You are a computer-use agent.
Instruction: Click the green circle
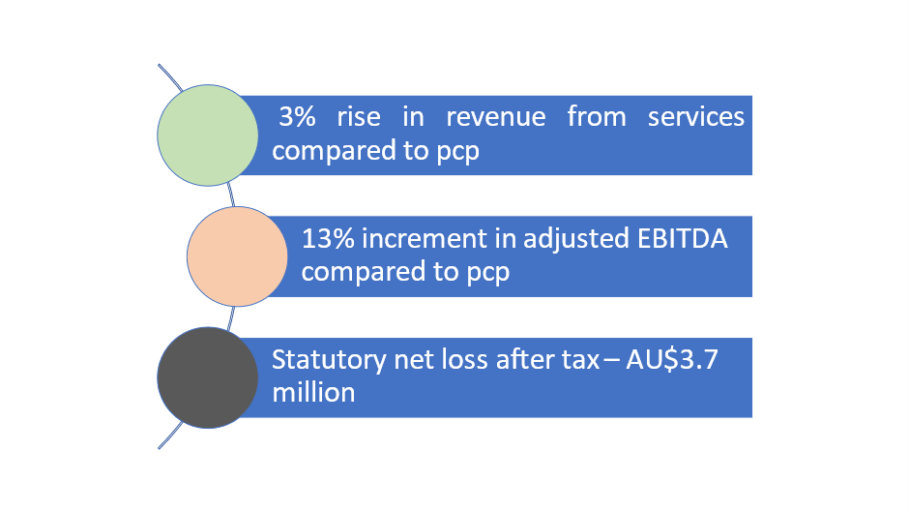coord(208,136)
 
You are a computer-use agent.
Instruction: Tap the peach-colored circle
coord(237,256)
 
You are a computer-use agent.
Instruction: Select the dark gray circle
coord(208,377)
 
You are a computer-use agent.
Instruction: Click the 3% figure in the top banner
coord(298,117)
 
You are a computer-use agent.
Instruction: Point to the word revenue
coord(496,117)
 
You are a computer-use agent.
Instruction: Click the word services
coord(695,117)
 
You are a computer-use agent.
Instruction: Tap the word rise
coord(359,117)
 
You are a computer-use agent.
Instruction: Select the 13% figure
coord(328,239)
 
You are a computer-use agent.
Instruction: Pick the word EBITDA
coord(683,239)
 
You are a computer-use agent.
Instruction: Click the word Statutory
coord(329,360)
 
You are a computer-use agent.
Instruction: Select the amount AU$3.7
coord(672,360)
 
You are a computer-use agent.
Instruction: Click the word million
coord(313,393)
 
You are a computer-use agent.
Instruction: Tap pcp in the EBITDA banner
coord(488,273)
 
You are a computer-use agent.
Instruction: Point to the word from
coord(597,116)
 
